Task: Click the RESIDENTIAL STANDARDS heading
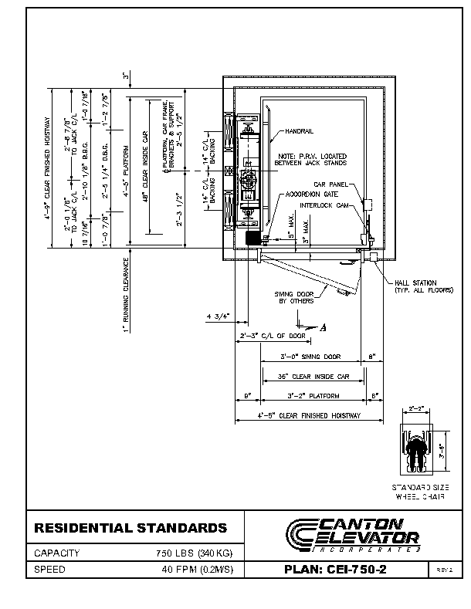[130, 529]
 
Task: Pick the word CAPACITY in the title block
[57, 553]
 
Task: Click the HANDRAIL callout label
[299, 131]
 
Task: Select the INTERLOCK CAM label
[326, 206]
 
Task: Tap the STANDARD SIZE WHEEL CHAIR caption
[419, 492]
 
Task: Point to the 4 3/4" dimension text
[218, 316]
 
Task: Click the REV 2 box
[444, 570]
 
